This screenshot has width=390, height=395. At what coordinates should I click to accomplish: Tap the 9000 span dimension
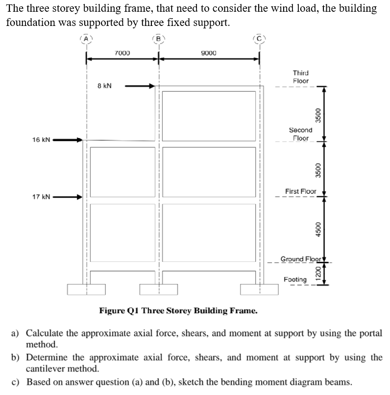tap(209, 52)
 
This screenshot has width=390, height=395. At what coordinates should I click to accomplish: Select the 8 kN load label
tap(104, 86)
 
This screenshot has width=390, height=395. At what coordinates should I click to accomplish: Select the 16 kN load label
tap(41, 139)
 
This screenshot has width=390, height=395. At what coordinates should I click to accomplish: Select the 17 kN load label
tap(41, 197)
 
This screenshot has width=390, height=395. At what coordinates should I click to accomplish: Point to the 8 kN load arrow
tap(140, 86)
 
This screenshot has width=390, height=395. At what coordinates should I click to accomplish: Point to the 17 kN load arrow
tap(67, 198)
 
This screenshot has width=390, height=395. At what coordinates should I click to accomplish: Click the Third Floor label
tap(301, 77)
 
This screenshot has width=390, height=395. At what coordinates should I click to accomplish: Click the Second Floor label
tap(300, 134)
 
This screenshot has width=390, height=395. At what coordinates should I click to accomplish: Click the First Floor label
tap(301, 191)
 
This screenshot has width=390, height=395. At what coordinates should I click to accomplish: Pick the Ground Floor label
tap(300, 258)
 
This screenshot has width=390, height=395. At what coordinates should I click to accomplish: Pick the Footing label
tap(295, 279)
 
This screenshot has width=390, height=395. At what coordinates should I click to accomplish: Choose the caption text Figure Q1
tap(178, 311)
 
